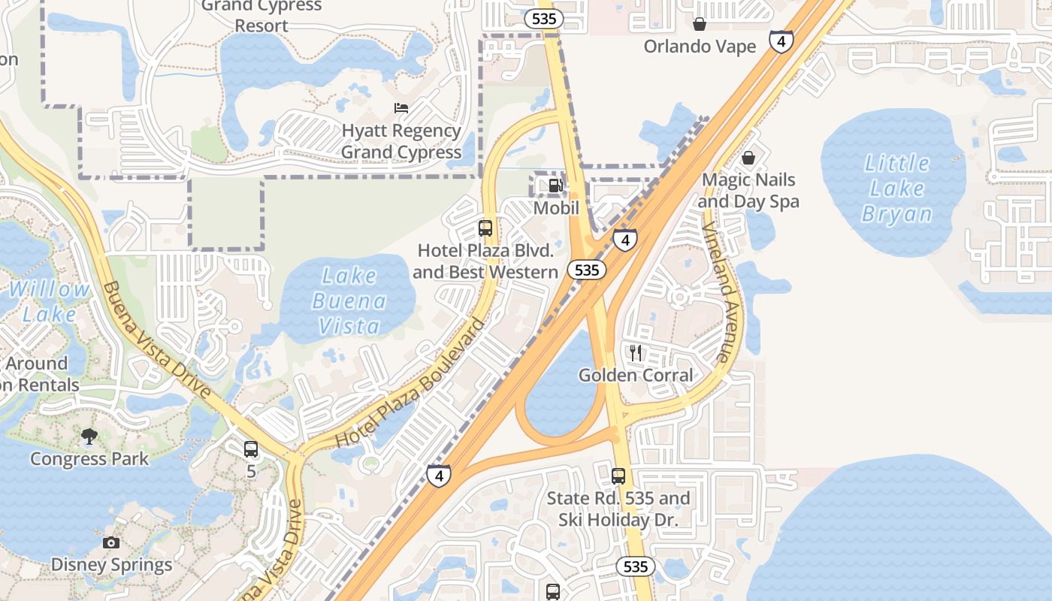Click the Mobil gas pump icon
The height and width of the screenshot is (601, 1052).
[x=555, y=185]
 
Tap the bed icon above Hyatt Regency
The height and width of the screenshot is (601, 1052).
[x=401, y=108]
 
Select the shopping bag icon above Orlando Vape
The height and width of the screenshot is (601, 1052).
[x=700, y=24]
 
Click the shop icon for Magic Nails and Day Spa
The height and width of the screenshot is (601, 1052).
[x=748, y=158]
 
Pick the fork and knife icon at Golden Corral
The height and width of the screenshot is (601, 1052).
[x=636, y=352]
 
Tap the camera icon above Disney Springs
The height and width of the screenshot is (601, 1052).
[x=111, y=542]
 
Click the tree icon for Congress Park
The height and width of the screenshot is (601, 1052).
[x=89, y=436]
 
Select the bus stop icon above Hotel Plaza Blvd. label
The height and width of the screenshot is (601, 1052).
[x=485, y=228]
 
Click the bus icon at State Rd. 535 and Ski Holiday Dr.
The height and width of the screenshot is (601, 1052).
[x=618, y=476]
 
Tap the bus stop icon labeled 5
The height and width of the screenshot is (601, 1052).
[x=251, y=449]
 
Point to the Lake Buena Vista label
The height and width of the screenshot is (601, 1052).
[x=349, y=300]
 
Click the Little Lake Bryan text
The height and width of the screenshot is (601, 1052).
[x=897, y=189]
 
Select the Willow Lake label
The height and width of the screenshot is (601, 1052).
[x=49, y=301]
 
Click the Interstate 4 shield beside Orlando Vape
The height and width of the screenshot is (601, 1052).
[x=781, y=41]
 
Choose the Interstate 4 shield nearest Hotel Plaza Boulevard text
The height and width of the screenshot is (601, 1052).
[x=440, y=476]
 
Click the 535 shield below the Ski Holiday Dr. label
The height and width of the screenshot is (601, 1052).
[x=636, y=566]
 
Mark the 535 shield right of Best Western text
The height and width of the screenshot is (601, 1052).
[x=586, y=270]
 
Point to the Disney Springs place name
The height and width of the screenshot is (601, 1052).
[x=111, y=565]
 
